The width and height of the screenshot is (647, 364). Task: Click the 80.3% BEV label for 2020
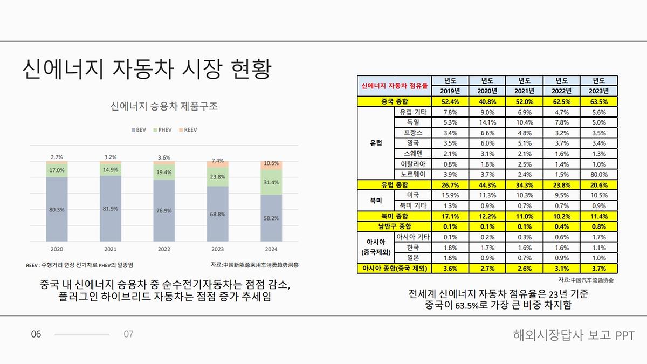coord(57,210)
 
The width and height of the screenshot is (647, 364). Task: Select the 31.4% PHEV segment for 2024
coord(272,183)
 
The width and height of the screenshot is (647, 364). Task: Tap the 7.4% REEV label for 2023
coord(218,161)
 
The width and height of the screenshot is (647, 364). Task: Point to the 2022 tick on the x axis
coord(164,249)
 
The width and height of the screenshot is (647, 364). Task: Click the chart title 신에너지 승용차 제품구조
coord(164,106)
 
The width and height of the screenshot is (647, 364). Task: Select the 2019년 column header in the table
coord(449,91)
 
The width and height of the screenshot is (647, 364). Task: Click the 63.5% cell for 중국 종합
coord(599,101)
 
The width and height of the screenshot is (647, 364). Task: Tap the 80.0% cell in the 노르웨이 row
coord(599,174)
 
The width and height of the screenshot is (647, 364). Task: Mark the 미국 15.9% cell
coord(449,195)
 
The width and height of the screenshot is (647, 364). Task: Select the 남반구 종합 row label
coord(394,226)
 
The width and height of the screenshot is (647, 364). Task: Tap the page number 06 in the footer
coord(36,334)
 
